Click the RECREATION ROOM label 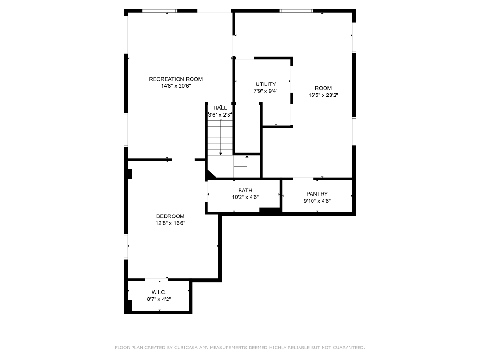(x=176, y=79)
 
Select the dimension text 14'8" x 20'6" (x=176, y=86)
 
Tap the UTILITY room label (x=266, y=84)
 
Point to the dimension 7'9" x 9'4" (x=266, y=91)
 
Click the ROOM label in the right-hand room (x=323, y=88)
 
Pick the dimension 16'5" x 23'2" (x=323, y=95)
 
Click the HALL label (x=220, y=108)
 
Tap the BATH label (x=245, y=191)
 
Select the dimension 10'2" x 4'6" (x=245, y=197)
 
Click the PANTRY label (x=317, y=194)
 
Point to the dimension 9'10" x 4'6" (x=317, y=201)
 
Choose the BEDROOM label (x=170, y=216)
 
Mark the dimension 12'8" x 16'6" (x=170, y=223)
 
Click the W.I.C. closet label (x=159, y=292)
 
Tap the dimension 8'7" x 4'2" (x=159, y=300)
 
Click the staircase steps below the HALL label (x=220, y=137)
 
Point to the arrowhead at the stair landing (x=247, y=157)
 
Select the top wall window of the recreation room (x=159, y=11)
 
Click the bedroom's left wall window (x=126, y=247)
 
